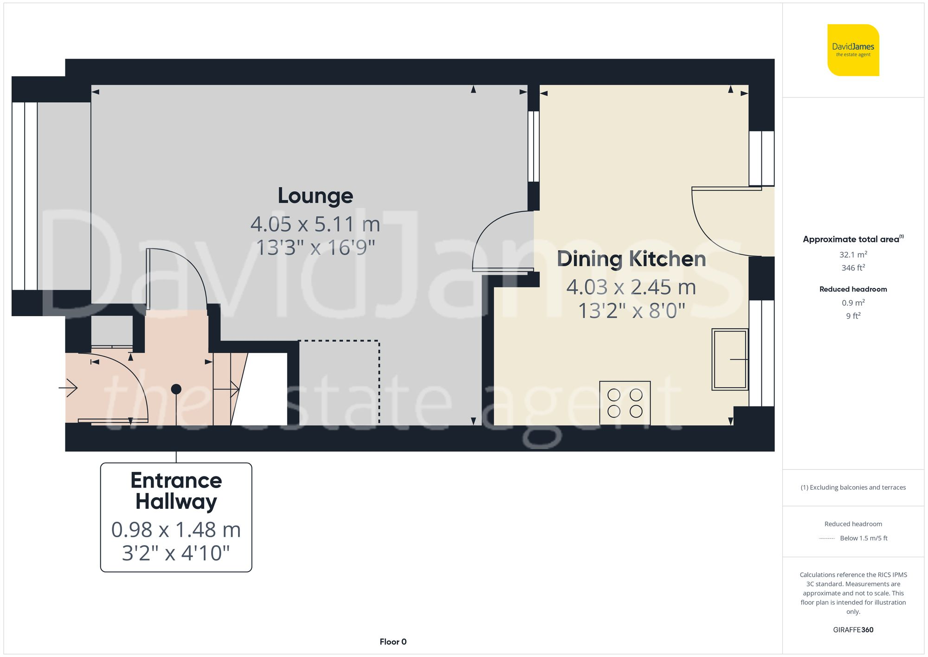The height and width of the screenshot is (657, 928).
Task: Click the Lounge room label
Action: click(315, 195)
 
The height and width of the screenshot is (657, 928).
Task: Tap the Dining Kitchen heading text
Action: click(631, 259)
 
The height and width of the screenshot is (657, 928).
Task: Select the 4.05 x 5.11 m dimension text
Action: click(315, 224)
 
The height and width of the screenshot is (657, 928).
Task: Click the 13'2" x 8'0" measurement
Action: click(631, 311)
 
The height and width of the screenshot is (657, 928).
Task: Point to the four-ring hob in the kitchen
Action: click(625, 403)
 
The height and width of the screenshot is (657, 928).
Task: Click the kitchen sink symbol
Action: click(730, 359)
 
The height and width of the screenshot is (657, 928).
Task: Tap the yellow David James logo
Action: click(853, 50)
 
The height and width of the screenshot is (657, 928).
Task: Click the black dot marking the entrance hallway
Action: click(176, 389)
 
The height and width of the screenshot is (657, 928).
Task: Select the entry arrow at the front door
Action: click(69, 388)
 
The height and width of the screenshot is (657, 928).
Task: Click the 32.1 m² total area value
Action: click(853, 254)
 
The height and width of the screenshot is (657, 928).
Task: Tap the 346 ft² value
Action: click(853, 268)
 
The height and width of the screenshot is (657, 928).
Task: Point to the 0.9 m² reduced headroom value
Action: click(853, 303)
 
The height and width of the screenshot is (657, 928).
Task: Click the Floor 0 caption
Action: click(393, 642)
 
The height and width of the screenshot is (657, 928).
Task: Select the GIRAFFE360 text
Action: click(853, 630)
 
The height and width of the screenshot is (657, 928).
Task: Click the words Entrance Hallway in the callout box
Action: click(176, 491)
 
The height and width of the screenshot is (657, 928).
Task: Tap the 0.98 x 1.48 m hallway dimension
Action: click(176, 530)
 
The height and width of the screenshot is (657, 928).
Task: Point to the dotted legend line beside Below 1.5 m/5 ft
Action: click(827, 539)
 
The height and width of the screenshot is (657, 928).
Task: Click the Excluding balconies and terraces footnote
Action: click(853, 488)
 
